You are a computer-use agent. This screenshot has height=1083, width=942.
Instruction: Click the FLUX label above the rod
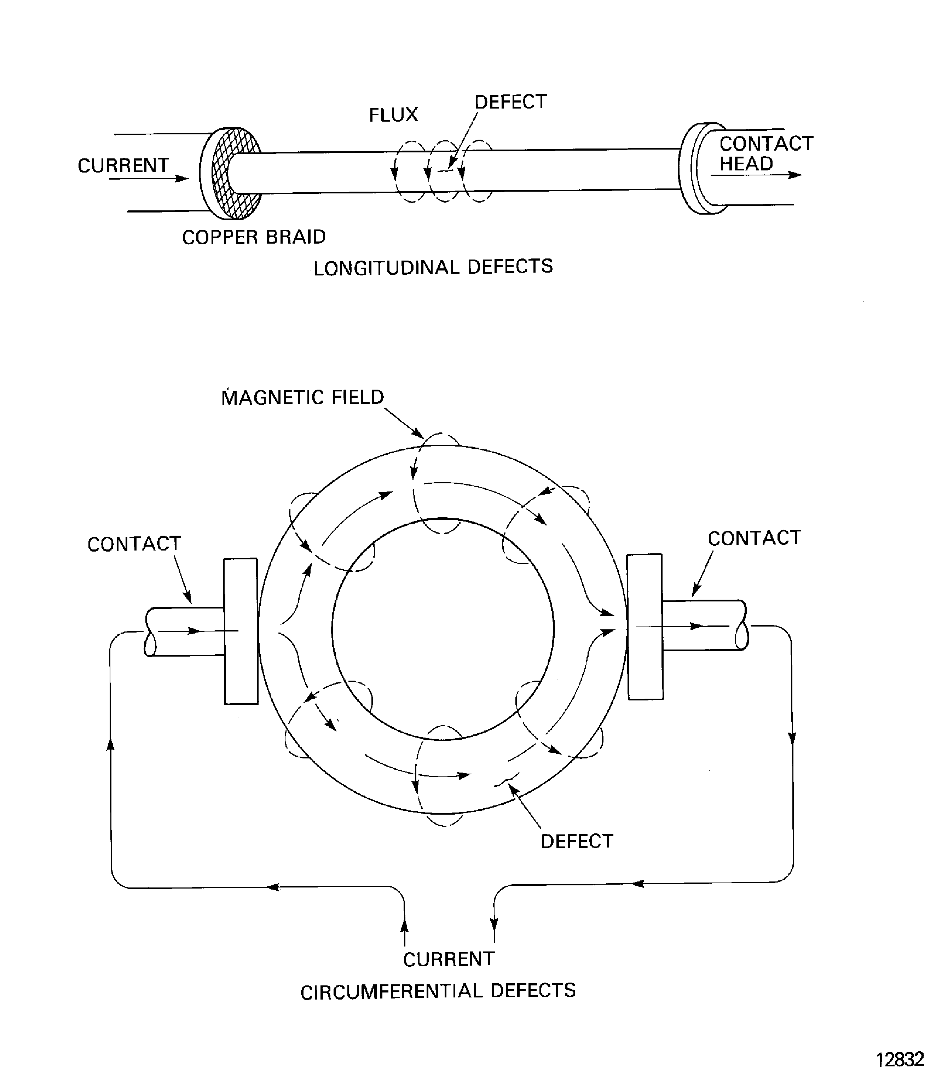click(393, 115)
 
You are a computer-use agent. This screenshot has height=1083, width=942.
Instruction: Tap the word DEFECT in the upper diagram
click(510, 102)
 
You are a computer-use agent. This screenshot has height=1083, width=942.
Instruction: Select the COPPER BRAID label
click(254, 237)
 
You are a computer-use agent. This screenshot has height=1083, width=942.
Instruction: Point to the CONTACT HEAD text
click(765, 153)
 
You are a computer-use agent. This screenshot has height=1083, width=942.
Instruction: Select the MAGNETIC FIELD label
click(303, 397)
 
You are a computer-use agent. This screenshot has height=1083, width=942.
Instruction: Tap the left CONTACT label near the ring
click(134, 544)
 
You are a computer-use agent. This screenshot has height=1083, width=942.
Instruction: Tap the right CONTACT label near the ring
click(754, 538)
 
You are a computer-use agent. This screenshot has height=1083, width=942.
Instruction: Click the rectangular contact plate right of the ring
click(645, 627)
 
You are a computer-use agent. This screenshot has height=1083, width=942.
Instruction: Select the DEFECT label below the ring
click(577, 841)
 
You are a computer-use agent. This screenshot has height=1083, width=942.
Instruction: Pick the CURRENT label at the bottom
click(449, 959)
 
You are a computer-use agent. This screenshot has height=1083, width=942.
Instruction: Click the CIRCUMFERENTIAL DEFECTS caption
click(438, 991)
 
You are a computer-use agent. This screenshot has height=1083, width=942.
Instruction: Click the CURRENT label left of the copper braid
click(123, 165)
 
